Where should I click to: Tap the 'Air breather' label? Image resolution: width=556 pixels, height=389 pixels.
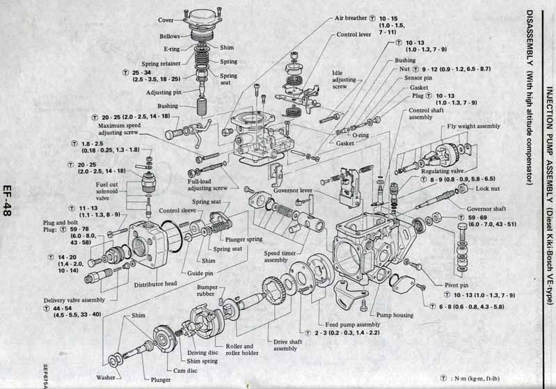coord(351,17)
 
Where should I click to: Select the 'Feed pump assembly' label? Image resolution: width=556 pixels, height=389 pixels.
coord(353,325)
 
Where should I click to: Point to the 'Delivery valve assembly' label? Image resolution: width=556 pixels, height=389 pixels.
coord(74,300)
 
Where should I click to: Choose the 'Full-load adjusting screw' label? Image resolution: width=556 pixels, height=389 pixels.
coord(207,185)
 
